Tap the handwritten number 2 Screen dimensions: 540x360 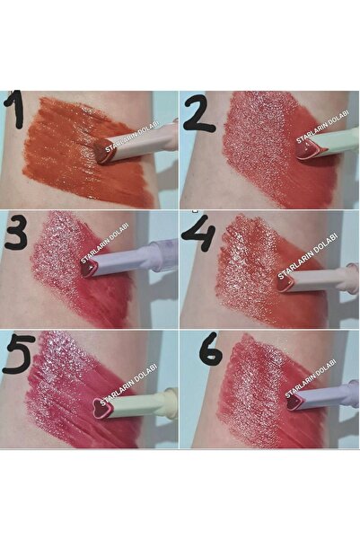199,111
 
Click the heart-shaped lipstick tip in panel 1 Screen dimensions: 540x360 105,153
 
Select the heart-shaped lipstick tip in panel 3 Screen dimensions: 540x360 88,268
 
